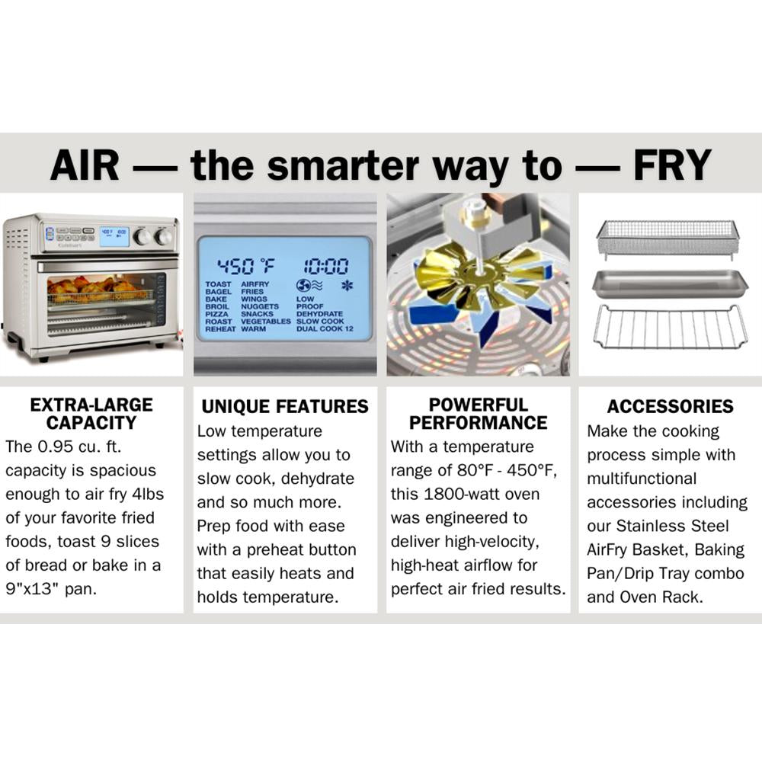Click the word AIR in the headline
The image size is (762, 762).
pos(85,165)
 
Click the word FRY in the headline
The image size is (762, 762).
pos(672,165)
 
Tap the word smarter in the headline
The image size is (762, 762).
pos(343,166)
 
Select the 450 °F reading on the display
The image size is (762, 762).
pos(246,266)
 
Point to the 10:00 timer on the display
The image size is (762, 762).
pos(326,266)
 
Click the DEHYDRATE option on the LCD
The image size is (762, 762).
pos(319,314)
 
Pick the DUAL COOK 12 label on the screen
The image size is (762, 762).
pos(325,329)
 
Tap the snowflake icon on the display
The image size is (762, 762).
pos(347,286)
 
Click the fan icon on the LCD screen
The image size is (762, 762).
pos(303,285)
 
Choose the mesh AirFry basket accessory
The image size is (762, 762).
pos(668,237)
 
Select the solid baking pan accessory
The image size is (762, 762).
pos(671,283)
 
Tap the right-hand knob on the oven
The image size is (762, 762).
pos(163,237)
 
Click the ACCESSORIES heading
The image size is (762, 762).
pos(670,406)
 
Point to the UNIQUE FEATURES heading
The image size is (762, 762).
pos(285,407)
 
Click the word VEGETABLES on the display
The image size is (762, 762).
pos(265,322)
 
